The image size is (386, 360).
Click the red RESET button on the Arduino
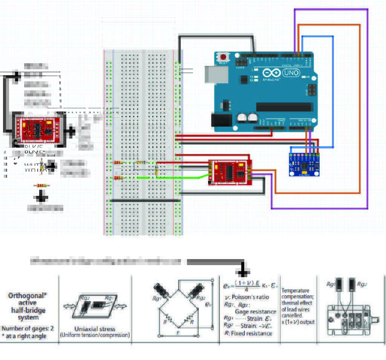pos(224,58)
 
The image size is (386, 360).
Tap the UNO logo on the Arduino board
pos(291,73)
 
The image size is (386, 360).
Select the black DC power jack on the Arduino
pos(219,121)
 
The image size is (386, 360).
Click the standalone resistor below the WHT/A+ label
pos(41,185)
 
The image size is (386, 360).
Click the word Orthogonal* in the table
pos(28,296)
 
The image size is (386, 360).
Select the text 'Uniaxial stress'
pos(95,329)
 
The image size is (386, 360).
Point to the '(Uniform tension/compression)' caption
pos(95,335)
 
